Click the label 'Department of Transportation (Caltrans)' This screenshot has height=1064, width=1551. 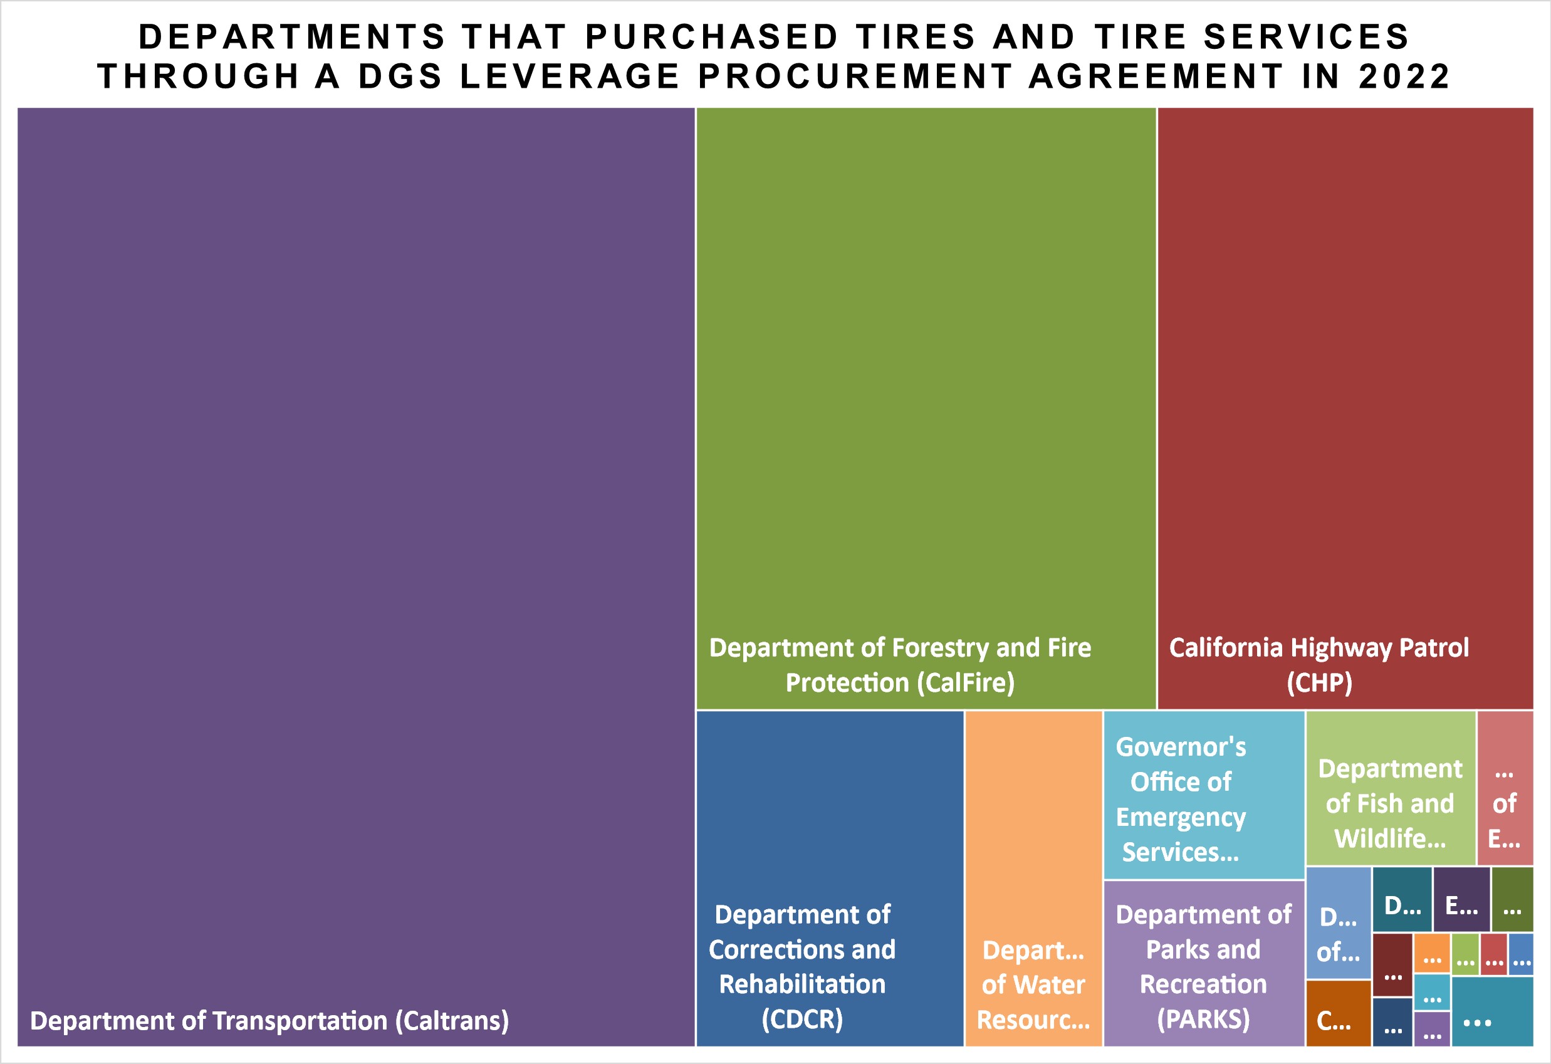coord(269,1021)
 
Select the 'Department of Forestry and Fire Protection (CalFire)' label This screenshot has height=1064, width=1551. coord(900,665)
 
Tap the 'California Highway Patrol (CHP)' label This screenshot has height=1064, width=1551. coord(1319,665)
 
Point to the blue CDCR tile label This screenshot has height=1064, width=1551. coord(802,966)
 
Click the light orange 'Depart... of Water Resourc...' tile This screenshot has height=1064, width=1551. coord(1033,984)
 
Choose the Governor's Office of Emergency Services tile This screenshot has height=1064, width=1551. coord(1203,795)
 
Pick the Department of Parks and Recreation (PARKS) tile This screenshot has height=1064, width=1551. coord(1203,966)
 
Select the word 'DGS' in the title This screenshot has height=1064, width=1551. coord(400,76)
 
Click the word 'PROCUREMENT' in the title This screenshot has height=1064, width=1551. coord(855,76)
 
